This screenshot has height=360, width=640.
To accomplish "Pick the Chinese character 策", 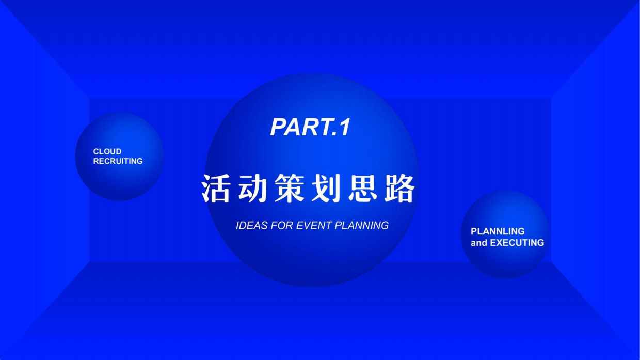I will [x=291, y=189].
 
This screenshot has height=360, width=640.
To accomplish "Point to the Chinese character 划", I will [x=327, y=189].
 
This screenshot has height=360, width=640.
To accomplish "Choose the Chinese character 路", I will [x=401, y=189].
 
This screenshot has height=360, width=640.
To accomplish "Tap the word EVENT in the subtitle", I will [x=314, y=226].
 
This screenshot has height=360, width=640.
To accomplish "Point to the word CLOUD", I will [x=107, y=151].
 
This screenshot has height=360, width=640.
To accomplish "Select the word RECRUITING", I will [x=118, y=161].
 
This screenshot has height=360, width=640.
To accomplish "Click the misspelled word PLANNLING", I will [x=498, y=231].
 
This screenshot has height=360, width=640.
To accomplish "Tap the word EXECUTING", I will [x=517, y=243].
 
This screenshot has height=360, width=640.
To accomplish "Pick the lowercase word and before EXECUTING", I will [x=478, y=243].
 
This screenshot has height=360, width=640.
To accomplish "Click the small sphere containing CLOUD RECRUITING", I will [x=119, y=181].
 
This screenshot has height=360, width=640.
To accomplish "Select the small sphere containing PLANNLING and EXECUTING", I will [x=505, y=261].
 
